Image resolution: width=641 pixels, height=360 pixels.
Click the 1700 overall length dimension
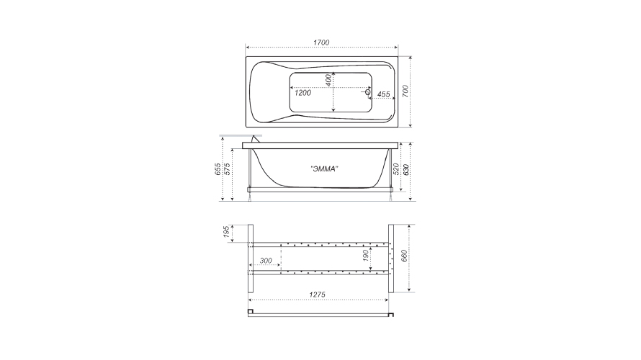321,42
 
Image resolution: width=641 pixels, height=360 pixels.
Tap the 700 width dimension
405,91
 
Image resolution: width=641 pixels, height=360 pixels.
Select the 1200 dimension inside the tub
303,93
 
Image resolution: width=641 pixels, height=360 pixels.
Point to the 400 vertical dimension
328,80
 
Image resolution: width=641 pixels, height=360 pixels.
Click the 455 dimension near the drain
383,94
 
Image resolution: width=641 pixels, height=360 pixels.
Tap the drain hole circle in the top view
367,92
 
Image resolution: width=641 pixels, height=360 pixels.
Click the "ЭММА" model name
324,168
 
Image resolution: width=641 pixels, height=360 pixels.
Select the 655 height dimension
218,169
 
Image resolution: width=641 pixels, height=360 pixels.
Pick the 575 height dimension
228,169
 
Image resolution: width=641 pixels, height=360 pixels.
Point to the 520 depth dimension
396,168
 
